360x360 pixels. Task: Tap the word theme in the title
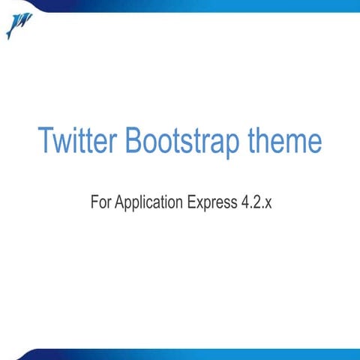click(x=285, y=141)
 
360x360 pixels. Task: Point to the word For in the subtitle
click(x=100, y=202)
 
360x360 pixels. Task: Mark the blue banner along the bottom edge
click(x=187, y=354)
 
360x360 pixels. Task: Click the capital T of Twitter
click(x=45, y=141)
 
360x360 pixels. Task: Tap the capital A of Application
click(x=120, y=202)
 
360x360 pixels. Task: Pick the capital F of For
click(x=93, y=202)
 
